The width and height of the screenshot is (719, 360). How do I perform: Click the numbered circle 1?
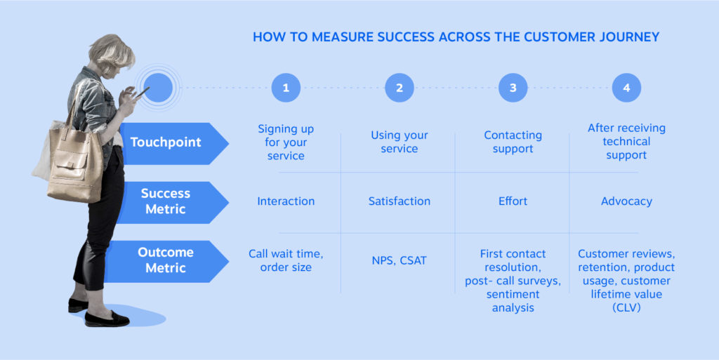[286, 88]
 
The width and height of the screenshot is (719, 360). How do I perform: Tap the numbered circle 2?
[400, 88]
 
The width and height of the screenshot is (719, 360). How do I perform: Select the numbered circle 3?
[513, 88]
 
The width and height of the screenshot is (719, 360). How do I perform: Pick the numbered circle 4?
[626, 88]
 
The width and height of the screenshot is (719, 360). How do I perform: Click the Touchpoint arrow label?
[169, 142]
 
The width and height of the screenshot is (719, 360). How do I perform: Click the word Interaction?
[286, 201]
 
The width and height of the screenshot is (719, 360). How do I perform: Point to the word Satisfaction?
[400, 201]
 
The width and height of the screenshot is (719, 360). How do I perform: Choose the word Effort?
[513, 201]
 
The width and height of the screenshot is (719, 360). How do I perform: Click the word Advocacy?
[626, 201]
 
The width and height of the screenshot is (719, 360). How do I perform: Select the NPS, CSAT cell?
[400, 260]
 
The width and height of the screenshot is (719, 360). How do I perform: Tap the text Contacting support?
[513, 142]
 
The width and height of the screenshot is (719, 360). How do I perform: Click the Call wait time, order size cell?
[286, 260]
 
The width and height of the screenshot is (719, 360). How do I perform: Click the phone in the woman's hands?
[143, 93]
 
